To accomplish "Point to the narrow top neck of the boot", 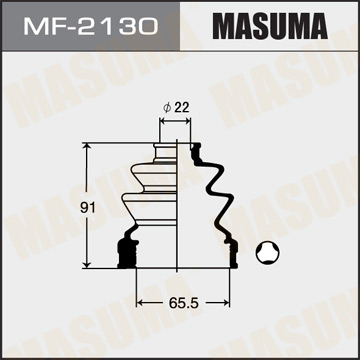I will (x=167, y=150).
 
